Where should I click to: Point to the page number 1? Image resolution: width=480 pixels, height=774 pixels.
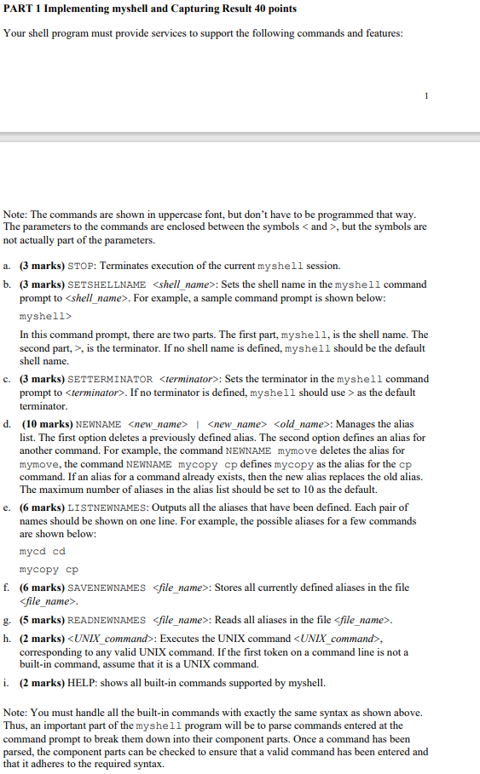427,95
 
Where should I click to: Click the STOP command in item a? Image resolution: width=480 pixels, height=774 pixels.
80,266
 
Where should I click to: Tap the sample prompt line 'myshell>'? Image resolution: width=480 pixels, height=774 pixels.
45,316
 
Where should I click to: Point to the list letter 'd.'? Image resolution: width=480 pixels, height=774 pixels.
7,424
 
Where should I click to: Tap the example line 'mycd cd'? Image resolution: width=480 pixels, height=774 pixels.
42,552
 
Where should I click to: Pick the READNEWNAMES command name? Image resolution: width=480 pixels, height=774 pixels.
107,620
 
